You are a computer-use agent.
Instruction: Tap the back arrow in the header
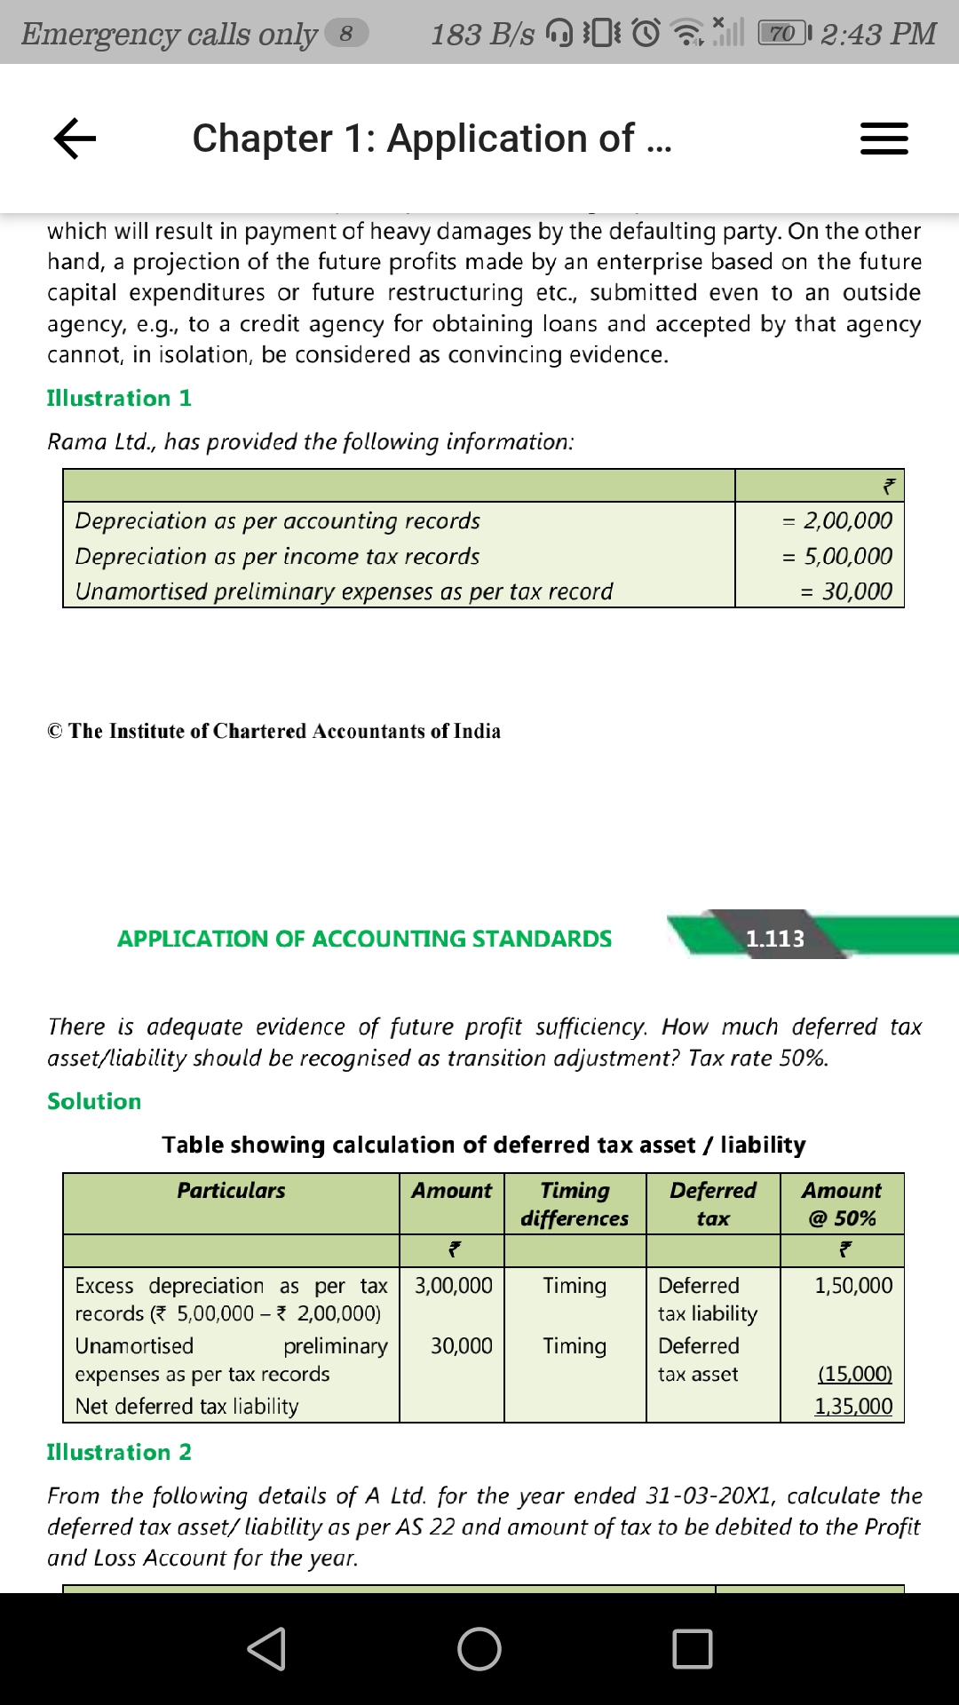75,139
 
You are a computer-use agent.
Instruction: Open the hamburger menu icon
884,139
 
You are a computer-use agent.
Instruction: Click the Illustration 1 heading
119,398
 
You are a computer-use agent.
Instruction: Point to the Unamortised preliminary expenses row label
344,591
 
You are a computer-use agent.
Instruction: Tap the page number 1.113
774,939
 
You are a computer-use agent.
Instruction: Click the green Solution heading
94,1101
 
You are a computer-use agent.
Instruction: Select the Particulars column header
231,1191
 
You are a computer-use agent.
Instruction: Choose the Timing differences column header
575,1204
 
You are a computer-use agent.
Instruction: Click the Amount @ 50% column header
842,1204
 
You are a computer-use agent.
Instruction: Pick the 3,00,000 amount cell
453,1286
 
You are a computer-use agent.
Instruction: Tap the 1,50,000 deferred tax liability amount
853,1286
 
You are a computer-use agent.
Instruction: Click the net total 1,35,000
853,1407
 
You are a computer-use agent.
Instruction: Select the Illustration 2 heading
119,1452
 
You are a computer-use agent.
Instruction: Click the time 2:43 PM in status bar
878,34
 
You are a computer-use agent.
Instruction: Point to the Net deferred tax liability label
186,1407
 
